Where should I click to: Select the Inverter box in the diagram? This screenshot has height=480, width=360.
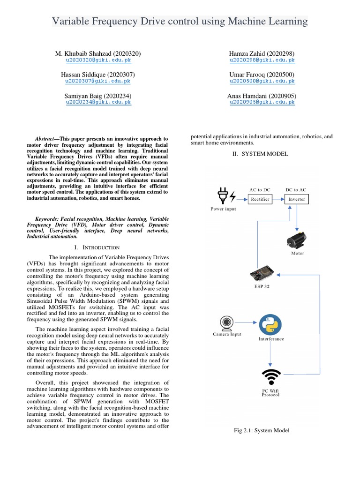(296, 199)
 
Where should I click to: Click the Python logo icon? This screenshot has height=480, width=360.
(270, 325)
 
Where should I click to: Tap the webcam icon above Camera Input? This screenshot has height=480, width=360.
(226, 323)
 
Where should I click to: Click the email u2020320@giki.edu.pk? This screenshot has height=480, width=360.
(98, 60)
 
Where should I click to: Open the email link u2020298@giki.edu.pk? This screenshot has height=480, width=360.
(262, 60)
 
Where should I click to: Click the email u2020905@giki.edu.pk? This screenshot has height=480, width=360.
(262, 102)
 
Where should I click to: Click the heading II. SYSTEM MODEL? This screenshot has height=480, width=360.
(262, 154)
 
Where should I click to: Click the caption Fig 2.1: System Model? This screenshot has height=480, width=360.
(262, 430)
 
